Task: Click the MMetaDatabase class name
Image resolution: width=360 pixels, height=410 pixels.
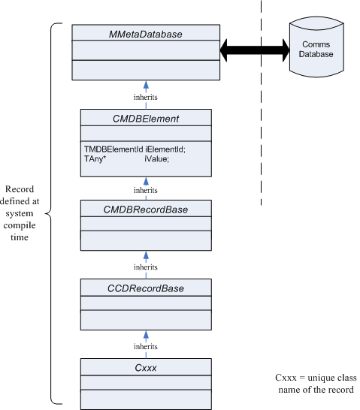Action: (146, 35)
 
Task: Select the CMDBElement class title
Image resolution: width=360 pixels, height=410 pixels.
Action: (146, 119)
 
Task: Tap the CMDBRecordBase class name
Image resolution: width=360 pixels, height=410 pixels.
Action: (146, 210)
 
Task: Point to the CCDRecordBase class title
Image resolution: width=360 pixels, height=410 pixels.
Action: (146, 288)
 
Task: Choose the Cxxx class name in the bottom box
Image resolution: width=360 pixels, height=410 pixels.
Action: (146, 368)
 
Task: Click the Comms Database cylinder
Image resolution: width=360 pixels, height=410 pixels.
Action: (316, 47)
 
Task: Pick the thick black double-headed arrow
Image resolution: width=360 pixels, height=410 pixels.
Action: (255, 50)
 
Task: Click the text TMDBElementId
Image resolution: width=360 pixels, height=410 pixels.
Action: (113, 149)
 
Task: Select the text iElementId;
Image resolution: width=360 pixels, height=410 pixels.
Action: (165, 149)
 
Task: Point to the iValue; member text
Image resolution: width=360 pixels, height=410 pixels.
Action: (157, 158)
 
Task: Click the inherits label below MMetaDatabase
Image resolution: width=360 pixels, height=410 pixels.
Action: (146, 97)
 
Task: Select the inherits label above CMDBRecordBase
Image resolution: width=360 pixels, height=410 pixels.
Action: (146, 190)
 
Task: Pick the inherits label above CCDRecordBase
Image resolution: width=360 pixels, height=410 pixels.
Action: (146, 267)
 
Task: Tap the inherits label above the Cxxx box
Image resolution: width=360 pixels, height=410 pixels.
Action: (146, 346)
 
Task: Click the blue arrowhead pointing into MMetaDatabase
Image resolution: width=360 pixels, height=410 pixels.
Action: (146, 85)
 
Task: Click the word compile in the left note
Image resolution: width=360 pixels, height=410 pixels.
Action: (20, 225)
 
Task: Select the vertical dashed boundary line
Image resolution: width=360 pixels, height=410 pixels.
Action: (261, 102)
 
